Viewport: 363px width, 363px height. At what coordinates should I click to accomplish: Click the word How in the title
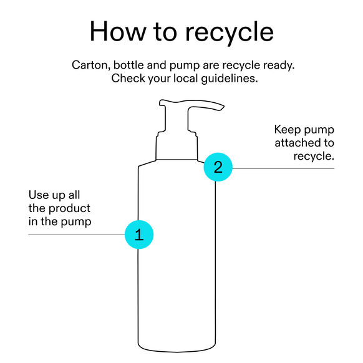[x=118, y=31]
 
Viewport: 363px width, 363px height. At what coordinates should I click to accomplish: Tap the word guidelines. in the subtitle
[x=229, y=79]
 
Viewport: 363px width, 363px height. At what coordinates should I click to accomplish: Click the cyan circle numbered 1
[x=139, y=235]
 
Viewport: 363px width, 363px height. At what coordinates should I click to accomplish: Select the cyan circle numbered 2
[x=218, y=167]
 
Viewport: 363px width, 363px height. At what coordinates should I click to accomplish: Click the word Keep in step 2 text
[x=288, y=130]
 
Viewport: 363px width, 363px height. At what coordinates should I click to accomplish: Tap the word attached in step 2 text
[x=298, y=143]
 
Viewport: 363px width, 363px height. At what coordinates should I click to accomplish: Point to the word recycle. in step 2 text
[x=314, y=157]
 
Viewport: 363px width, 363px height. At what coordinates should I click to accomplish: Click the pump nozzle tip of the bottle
[x=223, y=107]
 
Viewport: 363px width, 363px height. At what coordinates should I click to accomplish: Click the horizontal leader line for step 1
[x=76, y=235]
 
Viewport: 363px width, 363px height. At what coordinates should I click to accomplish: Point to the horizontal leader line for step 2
[x=283, y=168]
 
